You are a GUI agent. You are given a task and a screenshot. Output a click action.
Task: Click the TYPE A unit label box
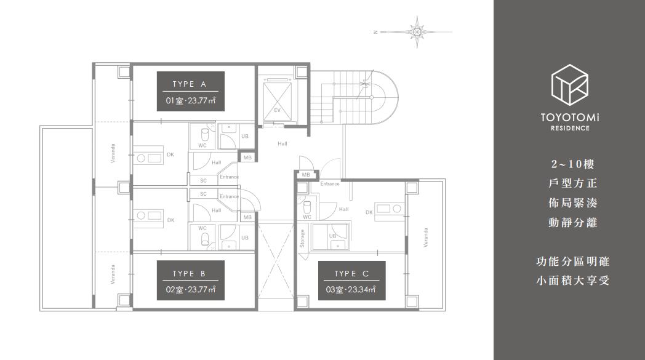tap(190, 91)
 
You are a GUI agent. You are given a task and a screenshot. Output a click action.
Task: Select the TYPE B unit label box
tap(190, 280)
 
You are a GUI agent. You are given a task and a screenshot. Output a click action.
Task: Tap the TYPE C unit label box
tap(351, 280)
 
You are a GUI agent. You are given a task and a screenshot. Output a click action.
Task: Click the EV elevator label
tap(277, 110)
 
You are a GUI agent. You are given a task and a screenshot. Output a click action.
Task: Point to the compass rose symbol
tap(417, 31)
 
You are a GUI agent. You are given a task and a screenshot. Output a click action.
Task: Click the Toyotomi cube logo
tap(570, 86)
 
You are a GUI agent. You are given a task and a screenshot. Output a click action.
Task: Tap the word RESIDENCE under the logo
tap(570, 128)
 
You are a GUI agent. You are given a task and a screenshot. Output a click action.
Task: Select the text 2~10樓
tap(572, 164)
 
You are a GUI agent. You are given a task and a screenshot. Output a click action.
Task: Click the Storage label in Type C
tap(302, 239)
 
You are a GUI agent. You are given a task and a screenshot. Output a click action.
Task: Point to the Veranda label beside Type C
tap(426, 238)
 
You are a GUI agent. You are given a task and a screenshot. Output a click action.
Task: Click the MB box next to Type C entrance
tap(306, 175)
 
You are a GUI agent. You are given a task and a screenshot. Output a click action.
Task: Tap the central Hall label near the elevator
tap(282, 143)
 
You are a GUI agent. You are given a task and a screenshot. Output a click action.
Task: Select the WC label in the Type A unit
tap(202, 145)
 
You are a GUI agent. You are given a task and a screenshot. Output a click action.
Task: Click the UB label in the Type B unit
tap(245, 238)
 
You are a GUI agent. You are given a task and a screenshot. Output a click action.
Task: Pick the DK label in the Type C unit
tap(369, 212)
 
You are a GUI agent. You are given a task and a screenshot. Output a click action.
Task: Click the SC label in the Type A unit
tap(203, 181)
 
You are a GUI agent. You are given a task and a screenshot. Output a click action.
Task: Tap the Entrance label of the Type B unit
tap(229, 197)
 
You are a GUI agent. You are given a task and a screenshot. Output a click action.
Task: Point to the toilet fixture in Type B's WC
tap(204, 239)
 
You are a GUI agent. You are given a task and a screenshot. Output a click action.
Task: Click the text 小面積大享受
tap(572, 281)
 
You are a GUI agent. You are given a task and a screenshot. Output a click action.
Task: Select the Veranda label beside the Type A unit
tap(113, 153)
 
